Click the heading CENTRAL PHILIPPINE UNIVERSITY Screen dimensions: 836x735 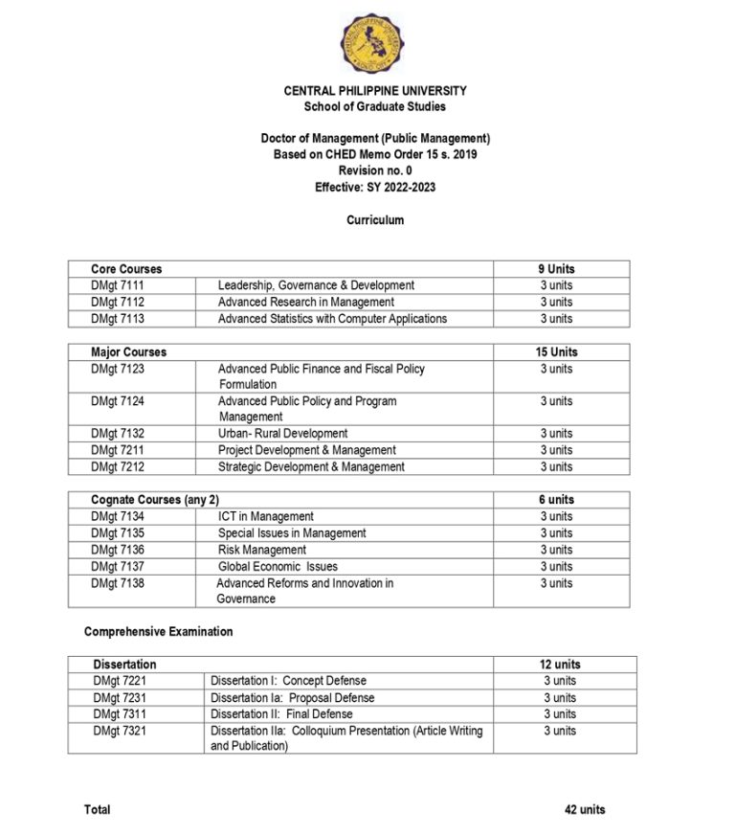[x=375, y=91]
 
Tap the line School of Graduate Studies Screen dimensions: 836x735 [x=375, y=106]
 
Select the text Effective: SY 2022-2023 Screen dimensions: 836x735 [x=375, y=187]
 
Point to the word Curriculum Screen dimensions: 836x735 [x=375, y=220]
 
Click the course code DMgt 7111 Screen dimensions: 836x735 [x=118, y=285]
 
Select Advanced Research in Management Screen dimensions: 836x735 [x=305, y=302]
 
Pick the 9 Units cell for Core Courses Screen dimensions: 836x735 [x=556, y=269]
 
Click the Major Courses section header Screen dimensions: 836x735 [x=128, y=352]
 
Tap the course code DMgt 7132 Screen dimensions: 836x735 [x=118, y=434]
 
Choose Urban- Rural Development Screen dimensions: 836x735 [x=282, y=434]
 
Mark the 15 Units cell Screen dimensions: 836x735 [x=556, y=352]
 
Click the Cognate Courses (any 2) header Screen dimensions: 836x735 [x=155, y=500]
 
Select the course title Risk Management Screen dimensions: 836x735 [x=262, y=550]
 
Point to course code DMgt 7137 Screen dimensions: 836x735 [x=118, y=566]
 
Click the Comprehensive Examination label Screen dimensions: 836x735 [x=158, y=632]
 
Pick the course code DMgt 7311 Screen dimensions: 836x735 [x=120, y=713]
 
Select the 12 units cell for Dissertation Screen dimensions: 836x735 [x=560, y=665]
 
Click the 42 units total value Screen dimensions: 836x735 [x=585, y=810]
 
